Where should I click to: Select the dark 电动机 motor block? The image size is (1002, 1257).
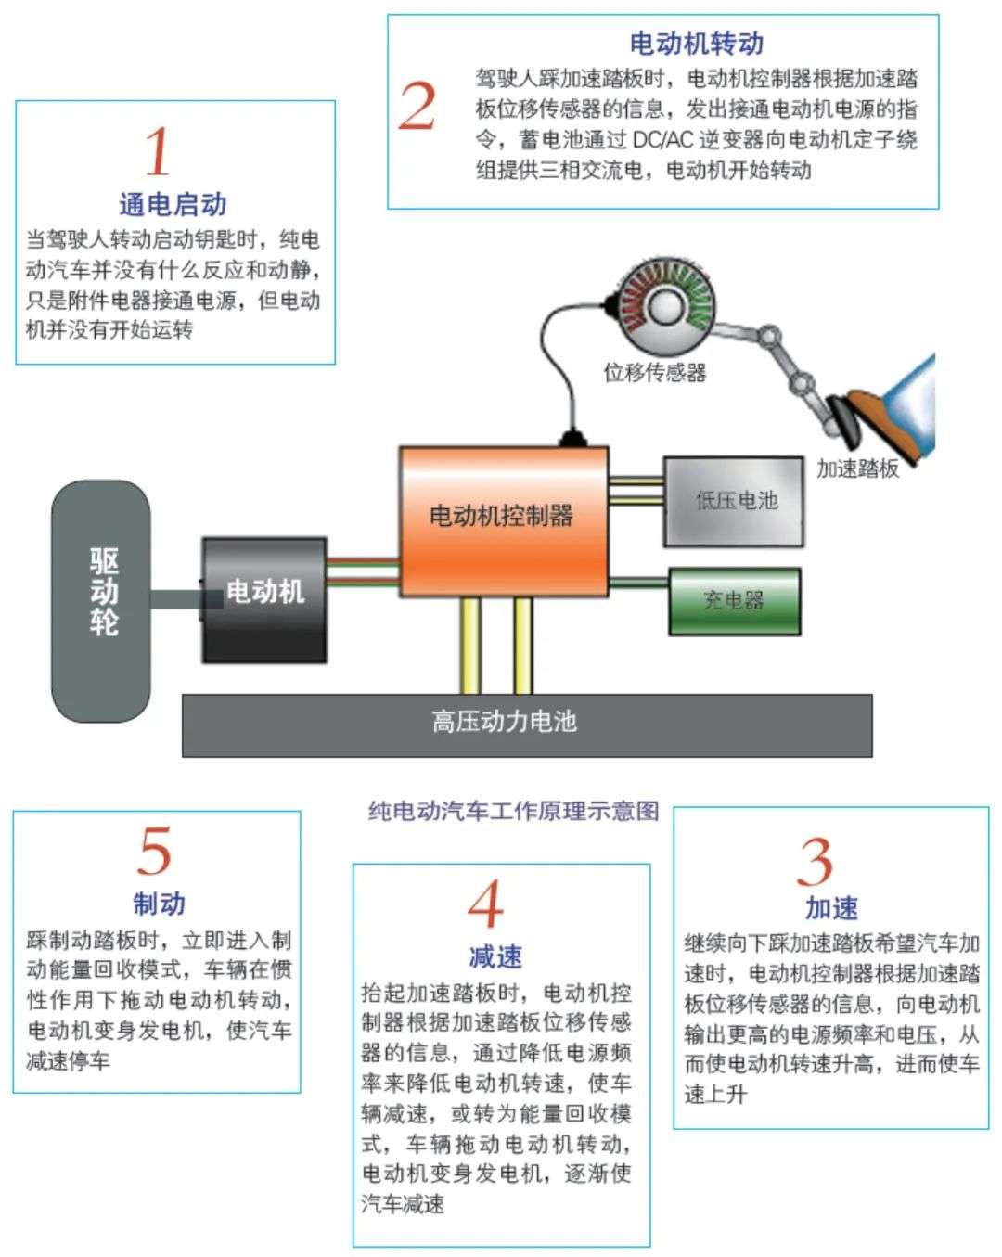pyautogui.click(x=264, y=598)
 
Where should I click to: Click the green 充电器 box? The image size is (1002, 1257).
pyautogui.click(x=734, y=601)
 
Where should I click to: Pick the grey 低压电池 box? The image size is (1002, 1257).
pyautogui.click(x=733, y=501)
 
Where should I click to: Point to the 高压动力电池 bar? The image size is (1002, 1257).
pyautogui.click(x=526, y=725)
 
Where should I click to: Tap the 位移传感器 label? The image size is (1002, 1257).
pyautogui.click(x=655, y=373)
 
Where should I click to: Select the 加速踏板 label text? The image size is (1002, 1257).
pyautogui.click(x=857, y=468)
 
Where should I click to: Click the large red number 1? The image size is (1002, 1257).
pyautogui.click(x=158, y=152)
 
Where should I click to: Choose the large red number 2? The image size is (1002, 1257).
pyautogui.click(x=417, y=106)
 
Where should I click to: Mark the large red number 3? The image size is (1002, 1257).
pyautogui.click(x=816, y=863)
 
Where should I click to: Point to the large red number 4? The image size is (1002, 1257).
pyautogui.click(x=485, y=904)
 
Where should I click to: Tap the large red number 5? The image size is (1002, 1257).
pyautogui.click(x=155, y=850)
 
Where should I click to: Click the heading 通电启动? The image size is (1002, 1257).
pyautogui.click(x=173, y=204)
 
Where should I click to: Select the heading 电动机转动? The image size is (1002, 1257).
pyautogui.click(x=697, y=43)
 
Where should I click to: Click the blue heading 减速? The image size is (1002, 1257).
pyautogui.click(x=495, y=956)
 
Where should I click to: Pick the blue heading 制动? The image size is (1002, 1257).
pyautogui.click(x=159, y=903)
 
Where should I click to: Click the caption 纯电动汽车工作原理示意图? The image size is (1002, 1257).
pyautogui.click(x=513, y=811)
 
